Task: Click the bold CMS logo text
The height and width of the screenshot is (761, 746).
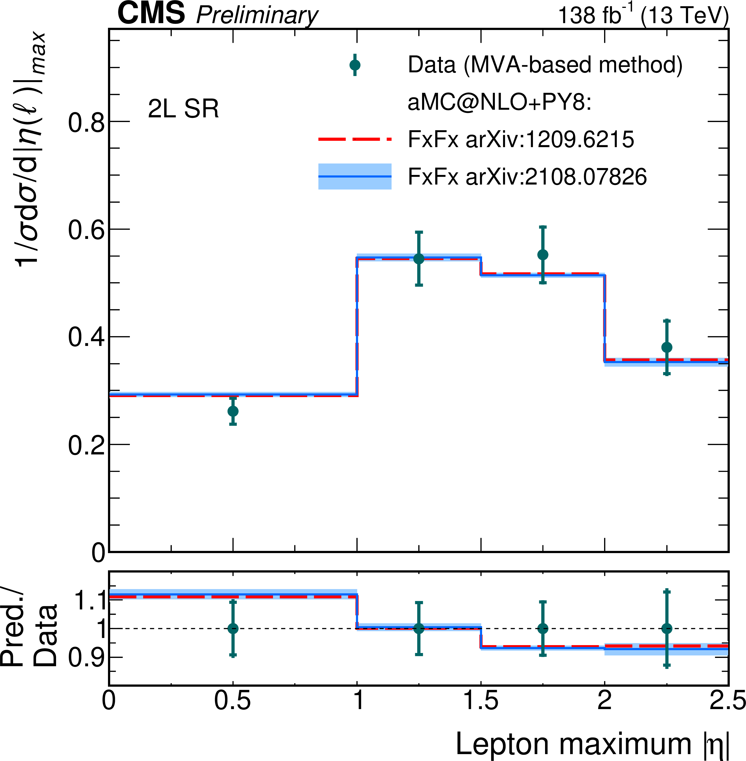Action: coord(151,14)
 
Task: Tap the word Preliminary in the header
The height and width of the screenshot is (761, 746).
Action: coord(257,16)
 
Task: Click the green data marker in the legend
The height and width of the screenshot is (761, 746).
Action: coord(355,65)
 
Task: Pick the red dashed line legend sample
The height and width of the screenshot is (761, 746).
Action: coord(355,139)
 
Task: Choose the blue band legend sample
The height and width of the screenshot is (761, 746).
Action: coord(355,176)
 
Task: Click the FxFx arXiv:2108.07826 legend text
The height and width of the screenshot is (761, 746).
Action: coord(527,176)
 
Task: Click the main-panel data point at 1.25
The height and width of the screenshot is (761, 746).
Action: coord(419,259)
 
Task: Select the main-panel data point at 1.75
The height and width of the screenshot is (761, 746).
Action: coord(543,255)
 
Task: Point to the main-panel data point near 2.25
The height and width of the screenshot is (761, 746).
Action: coord(667,347)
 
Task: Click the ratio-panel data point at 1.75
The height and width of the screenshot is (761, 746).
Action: coord(543,629)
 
